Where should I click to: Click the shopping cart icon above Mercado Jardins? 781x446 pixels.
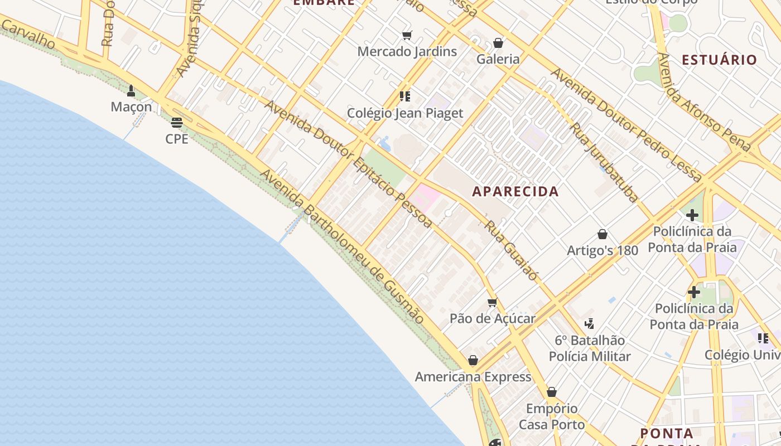[407, 36]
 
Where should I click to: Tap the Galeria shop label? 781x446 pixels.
[498, 59]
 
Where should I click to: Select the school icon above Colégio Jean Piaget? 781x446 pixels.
[405, 96]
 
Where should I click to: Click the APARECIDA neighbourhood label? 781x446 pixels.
[515, 191]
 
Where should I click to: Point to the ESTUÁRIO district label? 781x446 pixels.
[719, 60]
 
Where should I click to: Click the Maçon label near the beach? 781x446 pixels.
[131, 106]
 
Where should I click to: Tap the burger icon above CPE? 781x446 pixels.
[177, 123]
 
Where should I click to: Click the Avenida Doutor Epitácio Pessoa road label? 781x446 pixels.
[348, 164]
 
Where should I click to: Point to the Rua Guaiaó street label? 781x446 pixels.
[512, 251]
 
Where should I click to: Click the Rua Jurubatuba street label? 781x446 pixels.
[604, 162]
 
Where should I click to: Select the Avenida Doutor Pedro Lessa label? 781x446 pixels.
[626, 125]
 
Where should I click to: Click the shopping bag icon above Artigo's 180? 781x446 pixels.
[602, 234]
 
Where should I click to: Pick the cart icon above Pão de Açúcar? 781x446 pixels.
[492, 303]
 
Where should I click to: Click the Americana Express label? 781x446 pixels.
[473, 377]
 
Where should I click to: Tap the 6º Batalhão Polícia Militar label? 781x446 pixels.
[590, 348]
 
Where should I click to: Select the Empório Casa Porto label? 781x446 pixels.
[552, 416]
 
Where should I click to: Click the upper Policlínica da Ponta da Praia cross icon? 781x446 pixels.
[692, 215]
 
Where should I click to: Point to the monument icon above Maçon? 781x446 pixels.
[131, 90]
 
